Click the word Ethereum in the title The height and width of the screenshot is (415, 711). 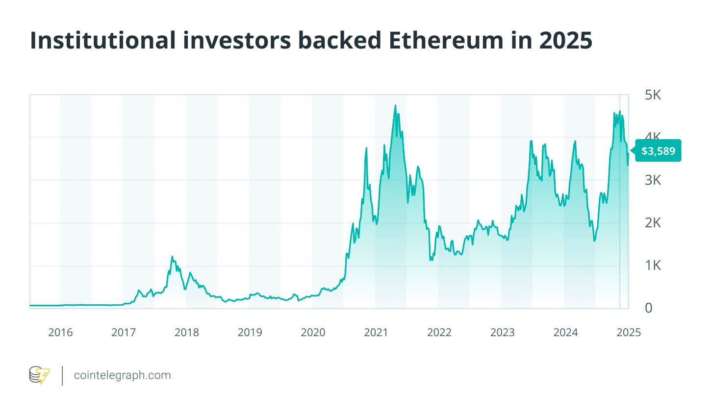point(446,40)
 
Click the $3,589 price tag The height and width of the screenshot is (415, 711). point(658,151)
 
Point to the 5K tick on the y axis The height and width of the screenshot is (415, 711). point(653,95)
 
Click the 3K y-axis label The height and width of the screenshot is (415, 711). point(653,180)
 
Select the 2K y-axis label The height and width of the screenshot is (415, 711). point(653,223)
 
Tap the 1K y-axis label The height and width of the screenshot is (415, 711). point(653,266)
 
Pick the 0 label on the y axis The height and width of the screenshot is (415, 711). point(649,308)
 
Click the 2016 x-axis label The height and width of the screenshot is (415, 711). point(60,333)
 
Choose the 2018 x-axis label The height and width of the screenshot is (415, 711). point(187,333)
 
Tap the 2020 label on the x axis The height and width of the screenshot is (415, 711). point(313,333)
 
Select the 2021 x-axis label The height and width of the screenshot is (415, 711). point(376,333)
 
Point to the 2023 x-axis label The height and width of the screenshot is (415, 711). point(503,333)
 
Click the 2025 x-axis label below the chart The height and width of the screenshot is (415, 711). point(629,333)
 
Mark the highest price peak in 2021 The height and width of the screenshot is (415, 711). point(395,105)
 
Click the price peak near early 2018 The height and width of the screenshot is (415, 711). point(172,256)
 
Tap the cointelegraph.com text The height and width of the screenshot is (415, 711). point(122,376)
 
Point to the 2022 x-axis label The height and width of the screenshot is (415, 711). point(439,333)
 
